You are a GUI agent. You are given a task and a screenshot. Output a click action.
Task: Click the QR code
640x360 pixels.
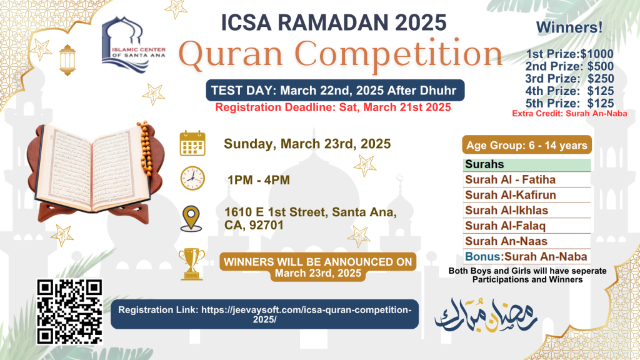tap(69, 311)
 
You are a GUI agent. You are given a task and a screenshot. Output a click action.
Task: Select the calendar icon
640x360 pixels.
tap(192, 143)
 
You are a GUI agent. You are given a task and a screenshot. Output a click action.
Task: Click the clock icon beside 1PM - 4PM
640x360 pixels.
tap(192, 178)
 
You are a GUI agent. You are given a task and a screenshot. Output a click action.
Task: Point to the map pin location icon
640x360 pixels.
tap(192, 218)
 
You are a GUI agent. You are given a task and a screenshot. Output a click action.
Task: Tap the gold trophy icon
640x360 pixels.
tap(191, 263)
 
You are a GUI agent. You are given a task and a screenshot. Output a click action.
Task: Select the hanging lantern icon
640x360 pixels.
tap(67, 59)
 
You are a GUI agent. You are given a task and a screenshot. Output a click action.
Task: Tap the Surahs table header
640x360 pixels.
tap(527, 165)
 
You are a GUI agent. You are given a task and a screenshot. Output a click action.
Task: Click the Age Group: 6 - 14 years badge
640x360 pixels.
tap(526, 146)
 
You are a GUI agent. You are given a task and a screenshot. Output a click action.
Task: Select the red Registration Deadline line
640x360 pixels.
tap(334, 107)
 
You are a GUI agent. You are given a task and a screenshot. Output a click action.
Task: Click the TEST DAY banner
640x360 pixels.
tap(335, 90)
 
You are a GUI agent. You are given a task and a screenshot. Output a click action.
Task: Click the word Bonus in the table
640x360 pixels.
tap(483, 256)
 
